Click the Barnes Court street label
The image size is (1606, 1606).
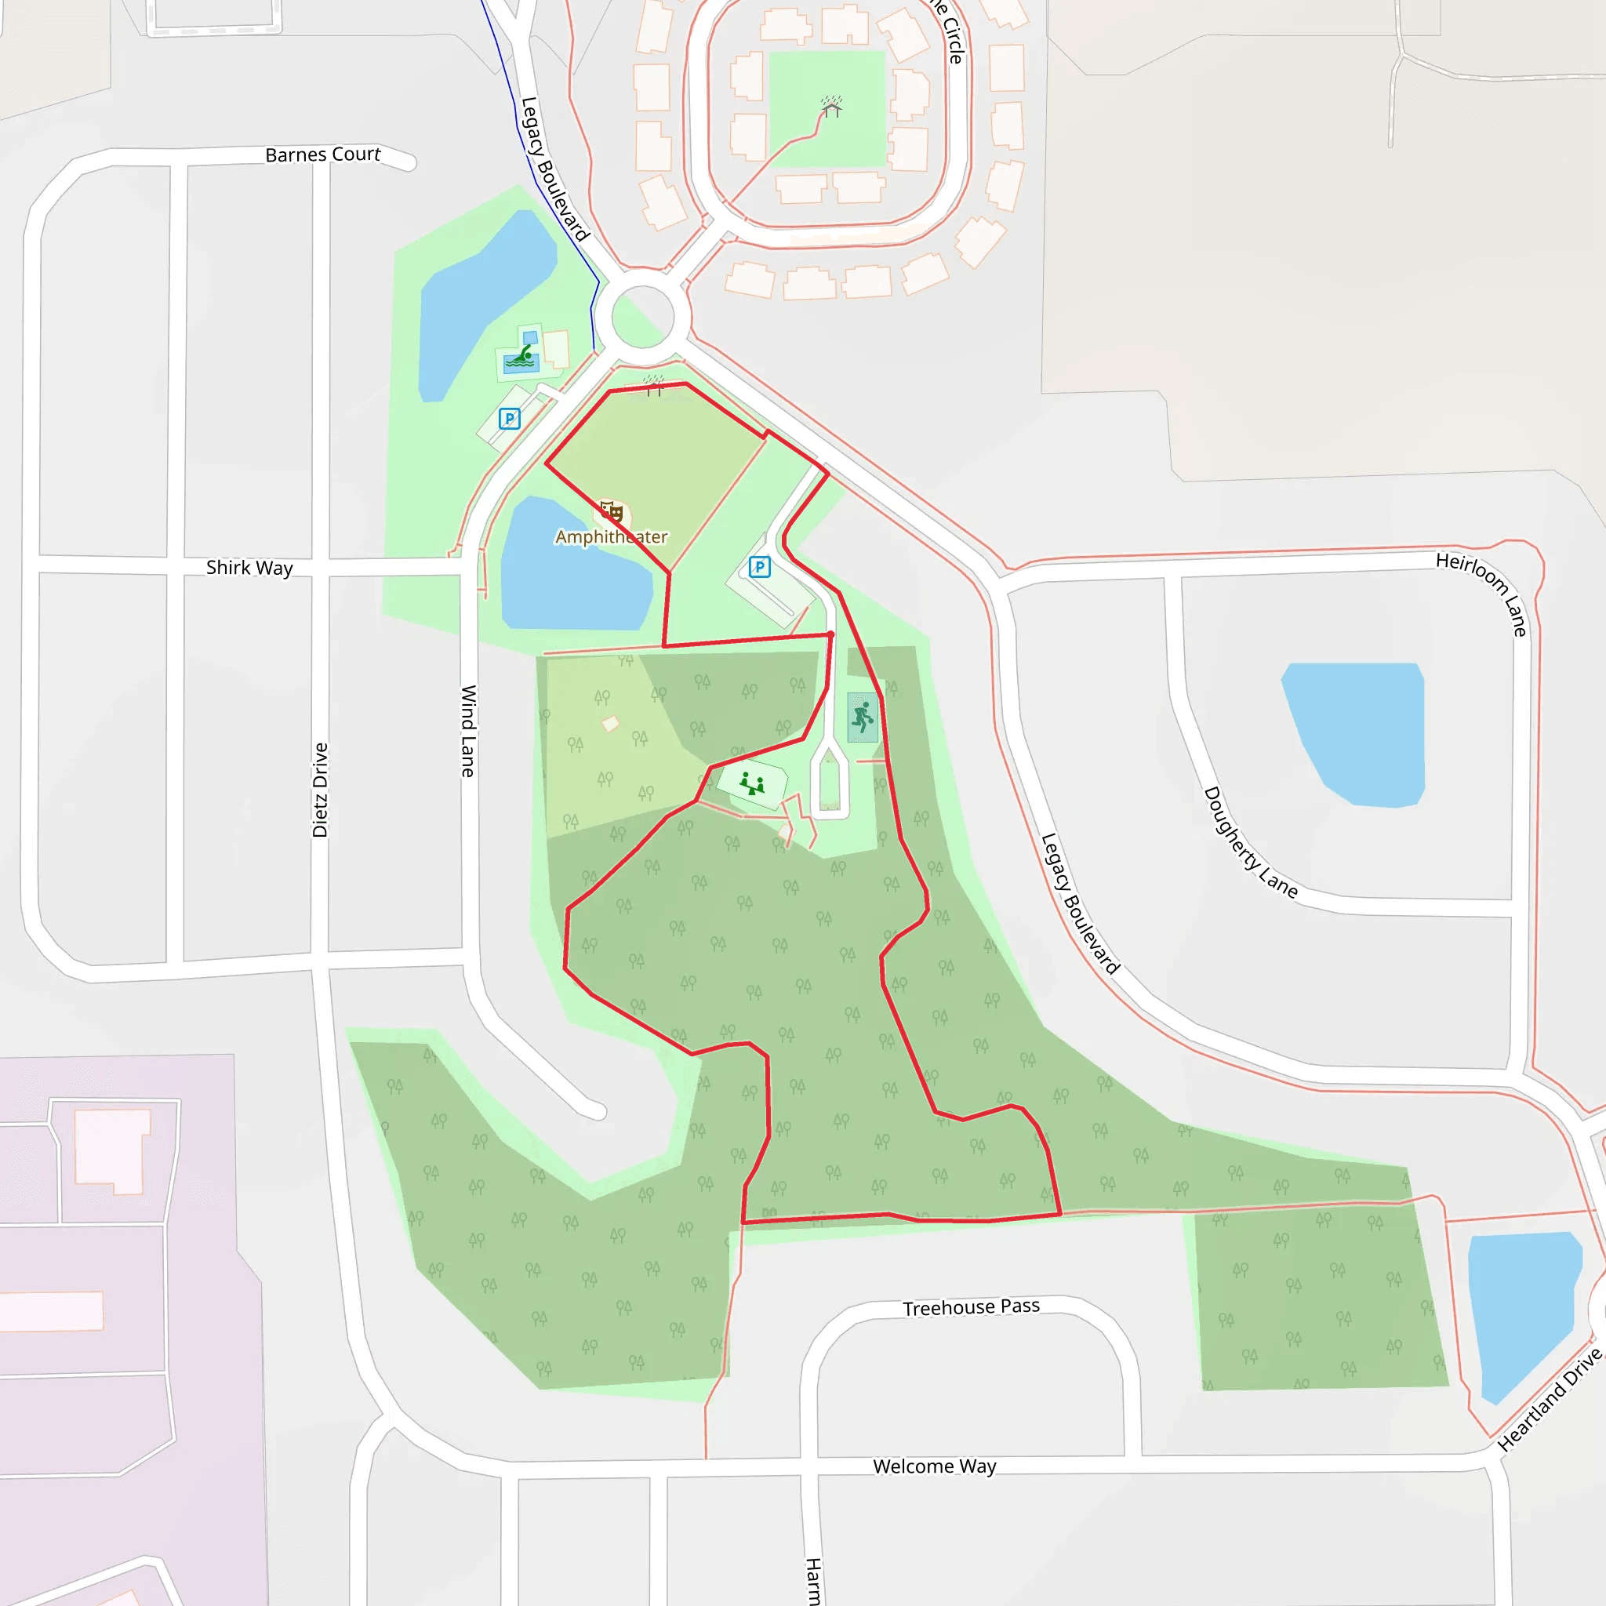coord(322,154)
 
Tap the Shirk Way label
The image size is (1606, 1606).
coord(249,568)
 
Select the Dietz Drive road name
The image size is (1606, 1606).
coord(320,790)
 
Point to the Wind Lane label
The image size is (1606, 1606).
coord(469,731)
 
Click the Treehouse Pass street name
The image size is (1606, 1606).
coord(971,1306)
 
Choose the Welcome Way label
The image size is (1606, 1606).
coord(934,1466)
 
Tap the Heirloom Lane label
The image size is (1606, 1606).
coord(1482,594)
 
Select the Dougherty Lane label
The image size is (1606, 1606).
coord(1250,842)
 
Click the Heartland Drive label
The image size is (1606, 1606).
coord(1550,1400)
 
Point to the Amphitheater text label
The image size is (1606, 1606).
coord(611,537)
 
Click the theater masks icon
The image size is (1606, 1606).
coord(612,511)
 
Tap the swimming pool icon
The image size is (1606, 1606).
coord(521,358)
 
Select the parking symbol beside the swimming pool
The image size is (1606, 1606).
coord(510,418)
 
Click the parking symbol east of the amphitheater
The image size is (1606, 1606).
coord(760,567)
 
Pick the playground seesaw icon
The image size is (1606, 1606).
coord(752,783)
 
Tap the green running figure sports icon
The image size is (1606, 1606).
coord(863,717)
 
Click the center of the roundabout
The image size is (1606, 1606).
coord(642,316)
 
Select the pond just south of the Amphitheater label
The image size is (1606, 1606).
coord(573,582)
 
